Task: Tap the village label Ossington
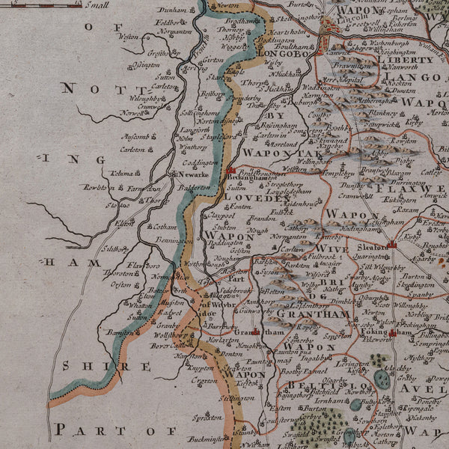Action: coord(147,65)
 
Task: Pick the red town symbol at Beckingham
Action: coord(230,171)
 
